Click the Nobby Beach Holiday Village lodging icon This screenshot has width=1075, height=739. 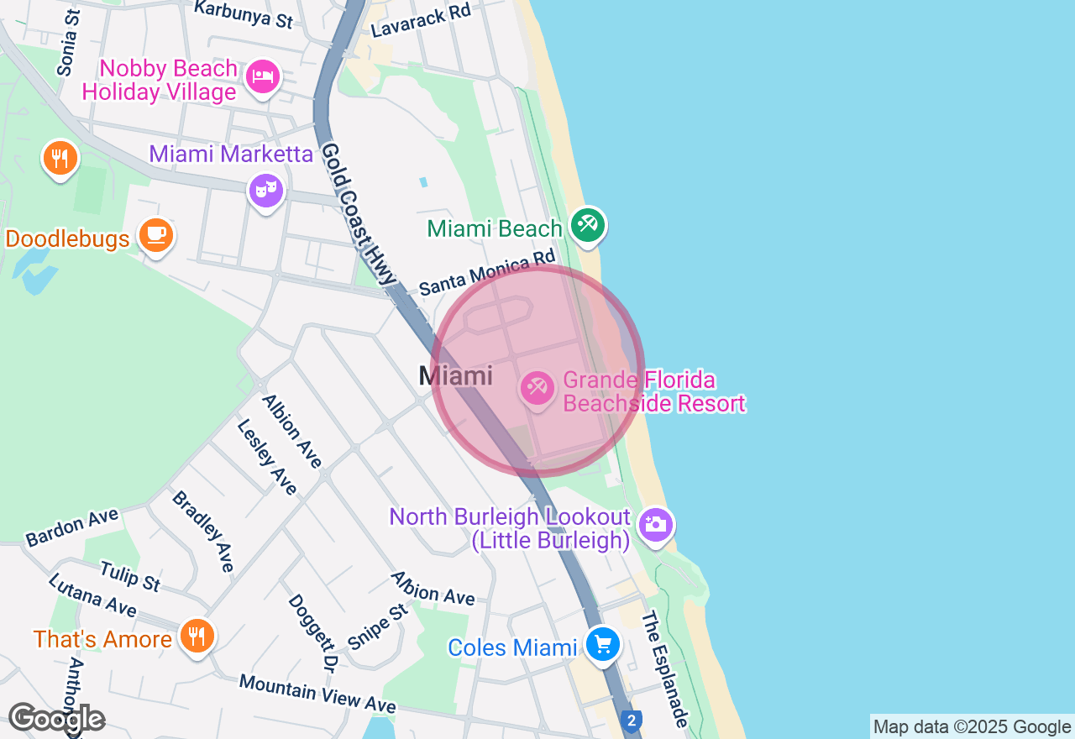point(263,78)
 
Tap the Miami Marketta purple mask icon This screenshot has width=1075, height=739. point(265,191)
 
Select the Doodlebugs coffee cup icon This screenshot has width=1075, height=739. point(155,234)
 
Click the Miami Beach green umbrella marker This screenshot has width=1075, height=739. point(587,225)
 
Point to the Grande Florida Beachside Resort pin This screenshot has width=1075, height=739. point(536,388)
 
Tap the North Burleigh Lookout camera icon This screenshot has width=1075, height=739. point(655,526)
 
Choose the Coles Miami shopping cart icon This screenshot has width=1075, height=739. point(602,645)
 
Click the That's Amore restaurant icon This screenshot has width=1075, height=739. point(197,636)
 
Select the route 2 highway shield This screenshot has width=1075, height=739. point(632,720)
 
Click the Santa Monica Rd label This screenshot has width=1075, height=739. point(487,271)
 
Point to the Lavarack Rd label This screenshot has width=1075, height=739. point(422,18)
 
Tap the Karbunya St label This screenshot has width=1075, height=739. point(244,13)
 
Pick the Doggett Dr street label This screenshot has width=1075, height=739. point(312,632)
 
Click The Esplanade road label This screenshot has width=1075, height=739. point(665,669)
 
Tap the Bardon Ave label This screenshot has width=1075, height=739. point(72,527)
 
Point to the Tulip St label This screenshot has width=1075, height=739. point(129,576)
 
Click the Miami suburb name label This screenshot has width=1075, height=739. point(456,375)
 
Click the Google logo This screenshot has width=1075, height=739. point(56,719)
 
